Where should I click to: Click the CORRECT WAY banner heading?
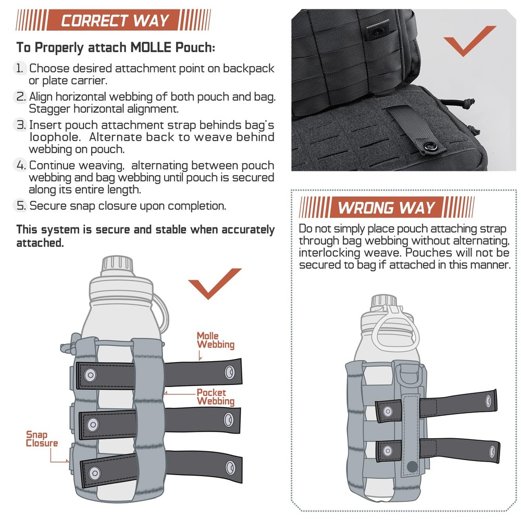coord(115,20)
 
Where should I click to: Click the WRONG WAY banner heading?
coord(386,207)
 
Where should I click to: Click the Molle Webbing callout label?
coord(215,340)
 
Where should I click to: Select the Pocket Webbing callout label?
coord(215,397)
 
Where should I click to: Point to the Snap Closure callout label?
coord(42,439)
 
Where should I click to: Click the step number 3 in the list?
coord(20,126)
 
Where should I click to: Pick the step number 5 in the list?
coord(20,206)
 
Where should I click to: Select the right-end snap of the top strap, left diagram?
coord(229,371)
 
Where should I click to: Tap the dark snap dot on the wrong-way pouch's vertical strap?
coord(412,466)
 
